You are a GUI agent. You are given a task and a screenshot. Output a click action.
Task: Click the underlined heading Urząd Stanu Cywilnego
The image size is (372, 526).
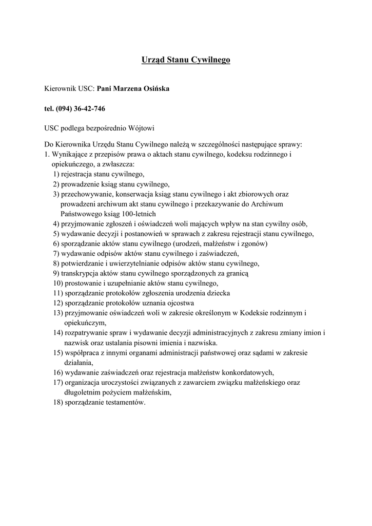[186, 61]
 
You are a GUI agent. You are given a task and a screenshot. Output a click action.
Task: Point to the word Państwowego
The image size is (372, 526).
[81, 214]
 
